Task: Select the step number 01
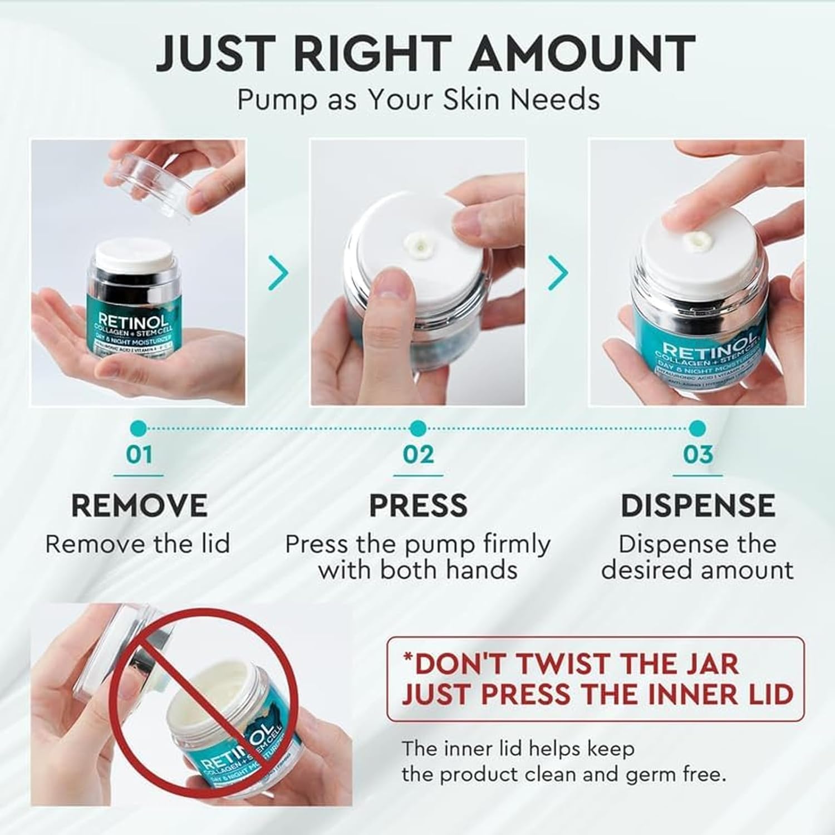coord(139,455)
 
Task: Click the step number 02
coord(418,455)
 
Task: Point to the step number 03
coord(698,455)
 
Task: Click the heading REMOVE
coord(139,505)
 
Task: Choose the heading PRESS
coord(418,505)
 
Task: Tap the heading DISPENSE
coord(698,505)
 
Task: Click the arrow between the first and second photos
coord(279,273)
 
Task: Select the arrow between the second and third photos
coord(558,273)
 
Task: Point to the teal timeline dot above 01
coord(140,428)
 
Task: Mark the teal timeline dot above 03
coord(698,428)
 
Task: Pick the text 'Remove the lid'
coord(138,544)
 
